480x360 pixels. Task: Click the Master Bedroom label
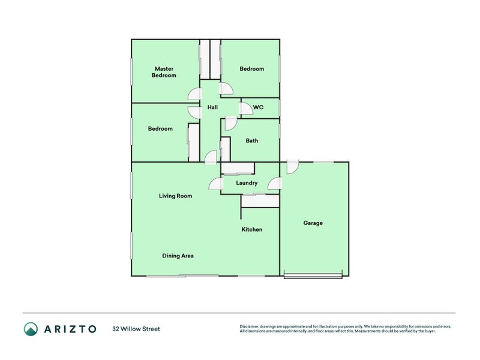pyautogui.click(x=164, y=72)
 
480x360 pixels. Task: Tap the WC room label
pyautogui.click(x=258, y=107)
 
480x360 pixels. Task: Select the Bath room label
pyautogui.click(x=252, y=141)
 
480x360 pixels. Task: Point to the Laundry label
pyautogui.click(x=247, y=183)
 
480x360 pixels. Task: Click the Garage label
pyautogui.click(x=313, y=223)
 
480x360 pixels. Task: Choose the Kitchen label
pyautogui.click(x=252, y=230)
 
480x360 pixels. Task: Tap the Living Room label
pyautogui.click(x=175, y=196)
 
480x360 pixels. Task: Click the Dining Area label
pyautogui.click(x=178, y=256)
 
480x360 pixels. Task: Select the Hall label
pyautogui.click(x=212, y=108)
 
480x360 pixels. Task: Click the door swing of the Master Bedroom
pyautogui.click(x=195, y=94)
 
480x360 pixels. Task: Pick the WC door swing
pyautogui.click(x=246, y=109)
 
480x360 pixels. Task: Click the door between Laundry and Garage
pyautogui.click(x=274, y=184)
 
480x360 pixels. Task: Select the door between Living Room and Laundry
pyautogui.click(x=215, y=184)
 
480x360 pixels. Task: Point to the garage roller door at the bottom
pyautogui.click(x=313, y=277)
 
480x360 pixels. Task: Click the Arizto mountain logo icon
pyautogui.click(x=31, y=329)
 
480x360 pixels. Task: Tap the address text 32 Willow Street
pyautogui.click(x=136, y=329)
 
